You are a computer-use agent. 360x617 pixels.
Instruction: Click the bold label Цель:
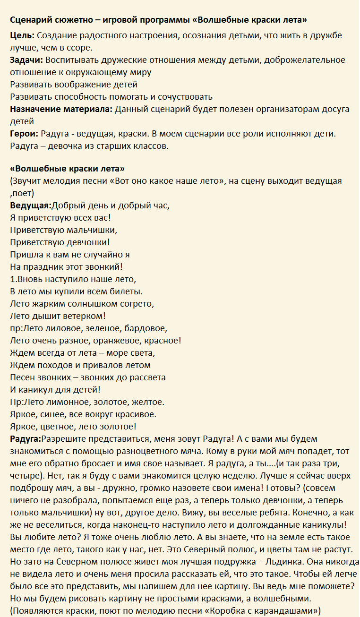22,35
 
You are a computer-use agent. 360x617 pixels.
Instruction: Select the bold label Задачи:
26,60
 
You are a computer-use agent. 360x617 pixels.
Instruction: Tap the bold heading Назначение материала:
61,109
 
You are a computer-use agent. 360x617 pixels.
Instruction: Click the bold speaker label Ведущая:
31,206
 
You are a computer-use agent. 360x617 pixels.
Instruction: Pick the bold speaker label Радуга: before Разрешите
28,439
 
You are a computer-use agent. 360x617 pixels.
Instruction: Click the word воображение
82,85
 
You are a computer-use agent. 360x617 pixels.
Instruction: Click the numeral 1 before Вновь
12,279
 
